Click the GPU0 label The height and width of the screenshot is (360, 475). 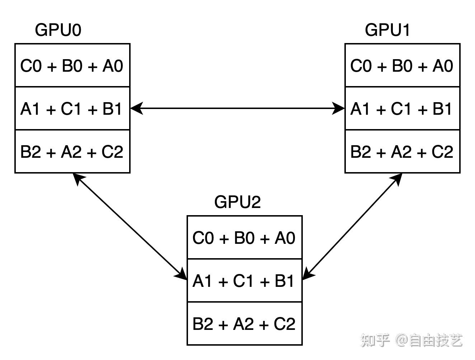tap(58, 30)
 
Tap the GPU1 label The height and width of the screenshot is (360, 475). tap(387, 30)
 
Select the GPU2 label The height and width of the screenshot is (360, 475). tap(237, 202)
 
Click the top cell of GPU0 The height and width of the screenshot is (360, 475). tap(72, 66)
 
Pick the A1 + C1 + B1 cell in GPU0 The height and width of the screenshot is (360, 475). tap(72, 109)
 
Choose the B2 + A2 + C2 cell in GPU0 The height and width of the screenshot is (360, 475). tap(72, 152)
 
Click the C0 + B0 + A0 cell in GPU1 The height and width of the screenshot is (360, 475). tap(402, 66)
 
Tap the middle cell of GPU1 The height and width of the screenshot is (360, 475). tap(402, 109)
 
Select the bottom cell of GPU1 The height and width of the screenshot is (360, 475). tap(402, 152)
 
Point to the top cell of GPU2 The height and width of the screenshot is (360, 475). tap(244, 238)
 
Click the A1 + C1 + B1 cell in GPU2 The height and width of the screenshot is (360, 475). tap(244, 281)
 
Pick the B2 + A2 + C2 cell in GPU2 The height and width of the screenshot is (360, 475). tap(244, 324)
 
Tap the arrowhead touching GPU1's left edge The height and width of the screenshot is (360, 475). tap(338, 108)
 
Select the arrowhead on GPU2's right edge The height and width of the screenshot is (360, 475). tap(308, 274)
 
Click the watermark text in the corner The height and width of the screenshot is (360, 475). tap(411, 340)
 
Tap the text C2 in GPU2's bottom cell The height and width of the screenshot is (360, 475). tap(284, 324)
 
